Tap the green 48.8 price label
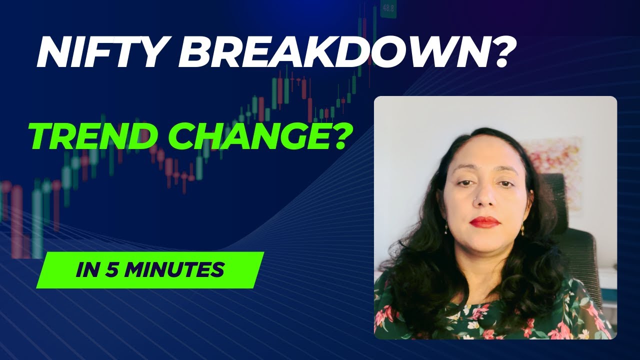pos(388,8)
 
